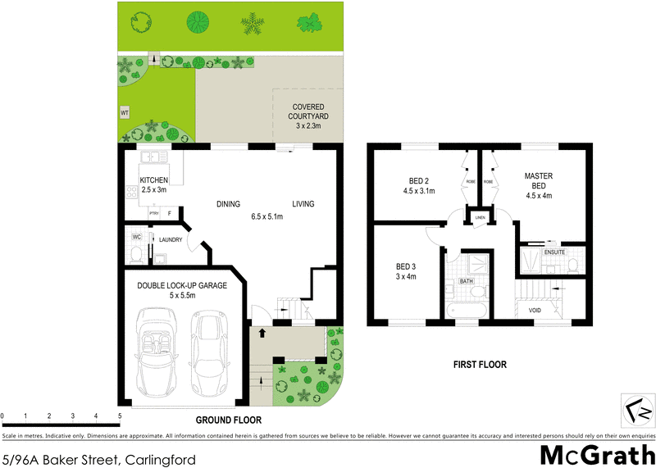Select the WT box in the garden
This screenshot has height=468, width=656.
point(125,112)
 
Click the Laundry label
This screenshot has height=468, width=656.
point(170,239)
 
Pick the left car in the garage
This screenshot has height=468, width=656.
point(157,350)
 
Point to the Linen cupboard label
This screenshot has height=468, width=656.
point(480,217)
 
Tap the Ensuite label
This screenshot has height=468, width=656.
point(554,252)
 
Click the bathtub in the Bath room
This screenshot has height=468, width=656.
point(467,310)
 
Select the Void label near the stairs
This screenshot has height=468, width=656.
point(534,311)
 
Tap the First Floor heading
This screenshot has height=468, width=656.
point(480,365)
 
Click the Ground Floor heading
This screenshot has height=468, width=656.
point(228,420)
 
